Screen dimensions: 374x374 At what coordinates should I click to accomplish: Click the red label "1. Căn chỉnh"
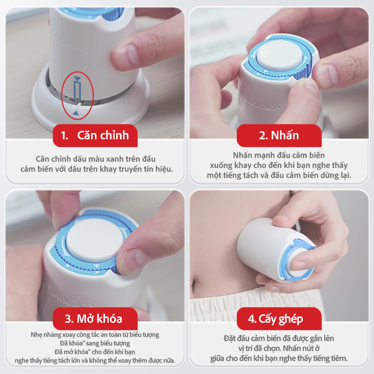click(95, 135)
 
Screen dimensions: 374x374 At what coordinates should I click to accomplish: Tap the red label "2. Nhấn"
click(279, 135)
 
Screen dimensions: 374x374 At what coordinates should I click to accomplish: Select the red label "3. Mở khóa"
click(95, 318)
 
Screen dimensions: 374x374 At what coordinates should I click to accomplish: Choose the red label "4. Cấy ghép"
click(279, 318)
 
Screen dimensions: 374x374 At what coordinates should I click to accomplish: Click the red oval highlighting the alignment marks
click(62, 95)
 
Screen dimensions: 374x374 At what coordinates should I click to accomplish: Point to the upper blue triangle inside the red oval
click(77, 79)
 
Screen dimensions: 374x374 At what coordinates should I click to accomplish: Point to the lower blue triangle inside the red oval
click(76, 113)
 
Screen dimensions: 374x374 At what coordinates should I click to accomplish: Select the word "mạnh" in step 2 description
click(264, 156)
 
